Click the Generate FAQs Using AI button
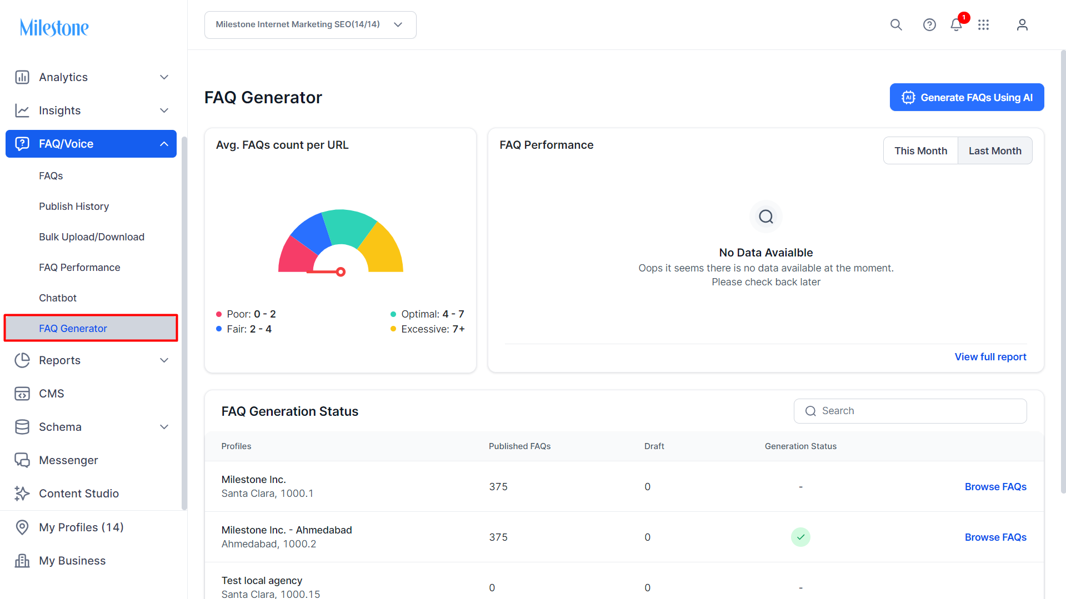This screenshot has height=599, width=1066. click(x=967, y=97)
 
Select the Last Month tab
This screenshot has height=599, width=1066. click(x=995, y=150)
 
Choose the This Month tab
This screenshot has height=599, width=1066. click(x=920, y=150)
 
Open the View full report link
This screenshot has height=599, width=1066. click(x=990, y=357)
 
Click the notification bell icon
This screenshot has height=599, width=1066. click(x=956, y=24)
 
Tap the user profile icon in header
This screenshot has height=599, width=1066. click(x=1022, y=24)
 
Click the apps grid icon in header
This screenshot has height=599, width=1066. click(x=984, y=24)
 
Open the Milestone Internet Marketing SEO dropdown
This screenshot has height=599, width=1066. click(x=311, y=25)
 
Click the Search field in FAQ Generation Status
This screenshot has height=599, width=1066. click(x=910, y=411)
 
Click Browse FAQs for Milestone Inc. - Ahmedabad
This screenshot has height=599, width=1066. click(x=995, y=537)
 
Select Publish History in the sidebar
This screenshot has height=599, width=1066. click(x=74, y=207)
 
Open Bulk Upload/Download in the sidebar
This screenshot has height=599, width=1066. click(x=92, y=237)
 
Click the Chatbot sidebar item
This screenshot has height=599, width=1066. click(x=58, y=298)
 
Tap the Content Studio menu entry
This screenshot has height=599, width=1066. click(x=79, y=494)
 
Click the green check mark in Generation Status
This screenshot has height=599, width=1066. click(x=800, y=537)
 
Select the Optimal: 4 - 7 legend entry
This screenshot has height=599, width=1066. click(x=427, y=314)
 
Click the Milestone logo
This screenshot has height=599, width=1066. click(x=54, y=28)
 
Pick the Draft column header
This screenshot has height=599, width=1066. click(x=654, y=446)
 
